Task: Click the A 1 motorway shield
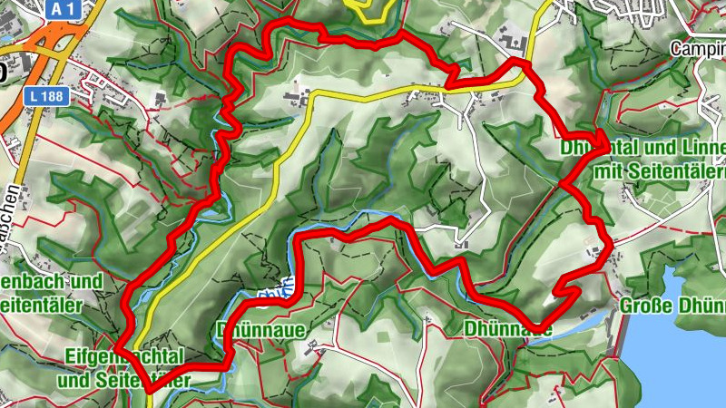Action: point(62,9)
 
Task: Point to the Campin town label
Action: point(699,46)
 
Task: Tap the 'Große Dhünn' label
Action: point(672,305)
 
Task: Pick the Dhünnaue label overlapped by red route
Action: point(508,326)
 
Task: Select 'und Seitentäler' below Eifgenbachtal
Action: point(123,380)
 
